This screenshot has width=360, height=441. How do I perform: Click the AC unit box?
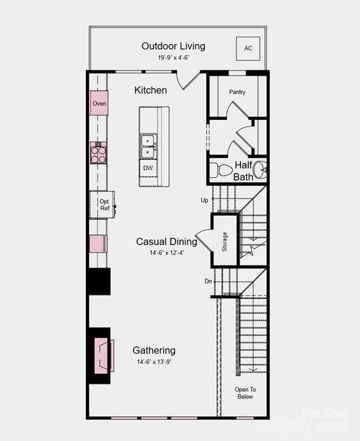point(248,49)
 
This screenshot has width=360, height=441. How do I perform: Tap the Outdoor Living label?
point(173,46)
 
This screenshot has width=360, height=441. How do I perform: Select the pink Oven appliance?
point(99,104)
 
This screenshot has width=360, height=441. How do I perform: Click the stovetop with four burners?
point(98,153)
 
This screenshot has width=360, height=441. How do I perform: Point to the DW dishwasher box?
point(148,168)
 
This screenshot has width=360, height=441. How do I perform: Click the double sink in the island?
point(148,146)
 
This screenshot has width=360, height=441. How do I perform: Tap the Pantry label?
point(237,92)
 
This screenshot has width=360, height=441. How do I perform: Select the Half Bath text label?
point(243,171)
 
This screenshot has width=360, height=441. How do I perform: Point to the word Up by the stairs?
point(204,200)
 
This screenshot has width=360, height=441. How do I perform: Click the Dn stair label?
point(208,281)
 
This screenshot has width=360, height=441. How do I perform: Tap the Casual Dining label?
point(166,241)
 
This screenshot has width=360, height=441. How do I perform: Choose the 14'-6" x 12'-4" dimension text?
point(166,253)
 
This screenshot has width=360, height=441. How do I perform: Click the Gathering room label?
point(154,351)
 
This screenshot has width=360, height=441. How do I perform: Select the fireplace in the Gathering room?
point(101,354)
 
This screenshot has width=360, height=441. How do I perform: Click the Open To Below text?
point(245,392)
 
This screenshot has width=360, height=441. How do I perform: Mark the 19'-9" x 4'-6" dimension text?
point(173,58)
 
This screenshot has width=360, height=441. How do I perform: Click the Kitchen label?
point(151,90)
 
